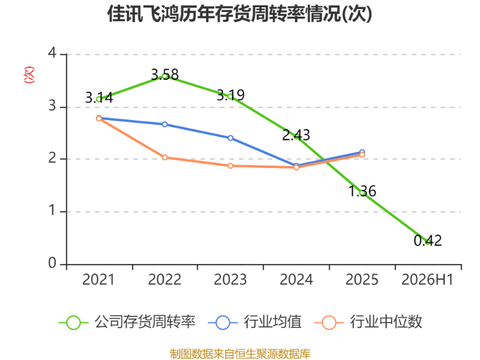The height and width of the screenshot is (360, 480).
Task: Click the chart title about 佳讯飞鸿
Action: coord(239,14)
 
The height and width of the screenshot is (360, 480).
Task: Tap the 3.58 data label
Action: coord(164,74)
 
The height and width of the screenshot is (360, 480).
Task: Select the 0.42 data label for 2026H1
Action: coord(428,241)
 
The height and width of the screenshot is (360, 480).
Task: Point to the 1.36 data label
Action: coord(362,191)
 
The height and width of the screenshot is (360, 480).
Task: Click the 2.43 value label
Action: coord(296,135)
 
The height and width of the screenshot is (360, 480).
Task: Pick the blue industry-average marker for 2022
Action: coord(164,124)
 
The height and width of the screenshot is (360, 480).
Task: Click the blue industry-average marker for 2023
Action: coord(230,138)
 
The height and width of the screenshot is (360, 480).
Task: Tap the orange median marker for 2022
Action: coord(164,157)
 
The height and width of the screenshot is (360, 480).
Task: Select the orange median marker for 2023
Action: coord(230,166)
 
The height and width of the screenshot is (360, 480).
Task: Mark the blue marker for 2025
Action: coord(362,152)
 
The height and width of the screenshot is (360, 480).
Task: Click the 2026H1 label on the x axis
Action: coord(427,280)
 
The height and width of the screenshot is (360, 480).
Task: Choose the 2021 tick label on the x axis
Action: coord(98,280)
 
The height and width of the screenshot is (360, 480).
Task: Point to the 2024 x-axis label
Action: coord(296,280)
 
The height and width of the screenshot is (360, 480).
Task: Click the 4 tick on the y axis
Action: coord(52,53)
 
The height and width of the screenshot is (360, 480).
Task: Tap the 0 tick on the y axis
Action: coord(52,263)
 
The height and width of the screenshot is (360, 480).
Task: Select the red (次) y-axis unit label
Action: coord(29,74)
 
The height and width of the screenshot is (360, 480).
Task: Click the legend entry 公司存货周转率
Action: coord(127,322)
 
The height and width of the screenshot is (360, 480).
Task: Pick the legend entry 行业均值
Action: coord(254,322)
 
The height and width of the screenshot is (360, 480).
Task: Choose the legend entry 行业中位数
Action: coord(368,322)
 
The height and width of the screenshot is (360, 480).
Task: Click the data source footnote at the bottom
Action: coord(240,354)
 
